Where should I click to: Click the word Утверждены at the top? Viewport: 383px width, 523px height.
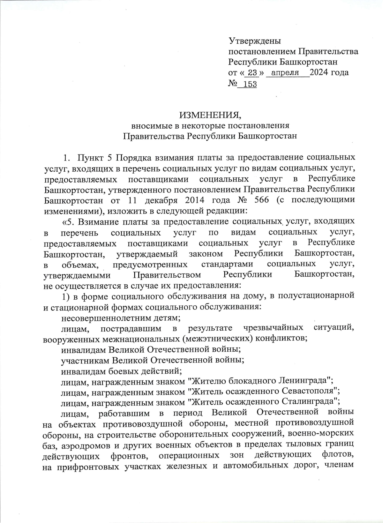(254, 41)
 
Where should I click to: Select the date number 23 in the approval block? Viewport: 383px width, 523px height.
(252, 73)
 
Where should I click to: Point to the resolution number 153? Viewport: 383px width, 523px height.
(250, 84)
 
